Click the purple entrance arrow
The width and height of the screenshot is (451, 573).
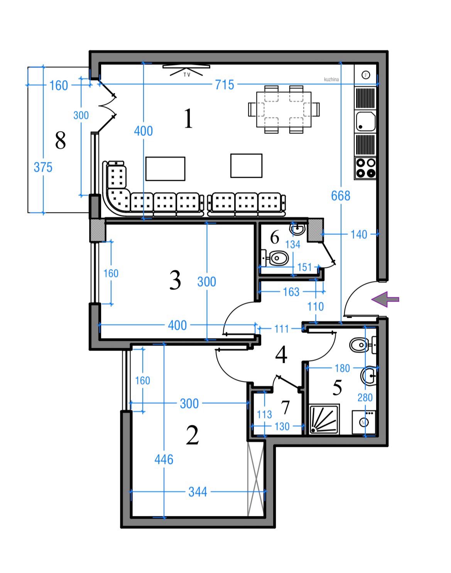point(385,299)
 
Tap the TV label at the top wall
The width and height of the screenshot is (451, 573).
point(187,75)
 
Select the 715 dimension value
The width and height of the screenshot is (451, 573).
point(225,85)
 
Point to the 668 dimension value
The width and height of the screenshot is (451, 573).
point(340,196)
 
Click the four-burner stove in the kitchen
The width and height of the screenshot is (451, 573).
point(365,168)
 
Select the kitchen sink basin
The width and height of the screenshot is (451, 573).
point(365,122)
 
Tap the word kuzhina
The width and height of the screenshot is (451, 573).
point(331,79)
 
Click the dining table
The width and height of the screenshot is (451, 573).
point(284,110)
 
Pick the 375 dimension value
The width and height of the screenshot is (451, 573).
point(43,167)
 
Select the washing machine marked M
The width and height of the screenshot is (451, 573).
point(364,422)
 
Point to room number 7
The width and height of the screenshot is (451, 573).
point(285,407)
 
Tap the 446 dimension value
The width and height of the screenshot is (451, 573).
point(164,460)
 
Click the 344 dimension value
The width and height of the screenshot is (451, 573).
point(198,492)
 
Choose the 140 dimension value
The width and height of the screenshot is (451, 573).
point(359,234)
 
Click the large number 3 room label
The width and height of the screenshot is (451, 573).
point(175,280)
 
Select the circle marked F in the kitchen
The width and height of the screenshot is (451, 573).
point(366,75)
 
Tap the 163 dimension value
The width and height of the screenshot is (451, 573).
point(291,292)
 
